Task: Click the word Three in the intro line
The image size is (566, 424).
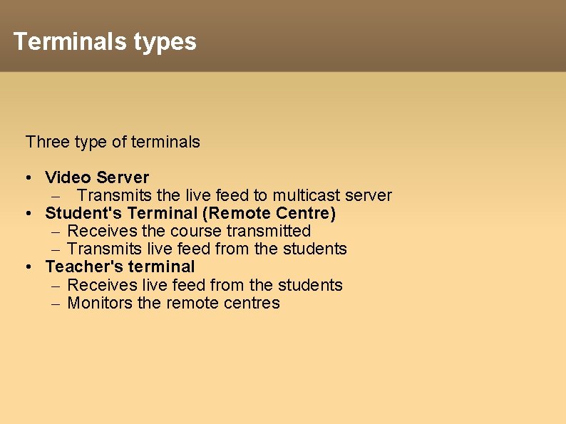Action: point(46,142)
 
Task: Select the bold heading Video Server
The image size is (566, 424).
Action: point(97,177)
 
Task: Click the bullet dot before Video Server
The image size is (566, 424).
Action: point(26,177)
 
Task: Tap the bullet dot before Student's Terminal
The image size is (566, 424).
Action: point(26,213)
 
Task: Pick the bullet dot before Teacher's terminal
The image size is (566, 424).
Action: point(26,267)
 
